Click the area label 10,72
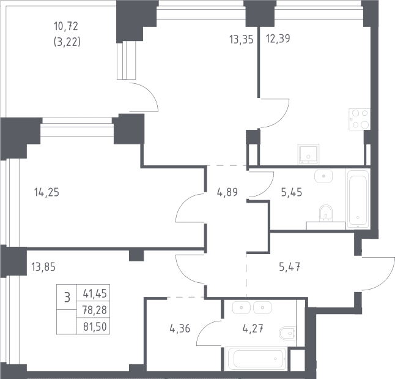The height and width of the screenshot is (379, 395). tap(66, 26)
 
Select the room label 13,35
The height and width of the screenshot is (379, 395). tap(241, 40)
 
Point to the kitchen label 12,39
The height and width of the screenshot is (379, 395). tap(278, 39)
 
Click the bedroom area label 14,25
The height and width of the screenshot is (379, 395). tap(46, 192)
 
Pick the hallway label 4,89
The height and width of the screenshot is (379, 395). tap(227, 192)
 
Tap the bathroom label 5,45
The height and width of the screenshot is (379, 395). tap(292, 192)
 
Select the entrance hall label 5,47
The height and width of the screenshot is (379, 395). tap(290, 267)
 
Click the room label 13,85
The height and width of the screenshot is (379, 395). tap(43, 267)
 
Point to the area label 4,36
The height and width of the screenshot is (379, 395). tap(180, 329)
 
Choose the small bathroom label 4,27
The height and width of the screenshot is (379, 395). tap(253, 329)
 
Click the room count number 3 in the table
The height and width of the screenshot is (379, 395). tap(67, 297)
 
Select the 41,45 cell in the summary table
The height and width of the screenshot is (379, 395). tap(95, 294)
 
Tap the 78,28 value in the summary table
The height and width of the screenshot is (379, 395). tap(95, 310)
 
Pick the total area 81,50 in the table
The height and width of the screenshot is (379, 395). tap(95, 327)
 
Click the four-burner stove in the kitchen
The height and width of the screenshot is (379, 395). tap(360, 119)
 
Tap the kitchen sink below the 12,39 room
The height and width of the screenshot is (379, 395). tap(308, 154)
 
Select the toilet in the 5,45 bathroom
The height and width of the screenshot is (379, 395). tap(326, 213)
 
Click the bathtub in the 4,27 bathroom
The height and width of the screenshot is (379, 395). tap(256, 359)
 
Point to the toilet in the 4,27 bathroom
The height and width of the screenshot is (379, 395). tap(288, 333)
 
